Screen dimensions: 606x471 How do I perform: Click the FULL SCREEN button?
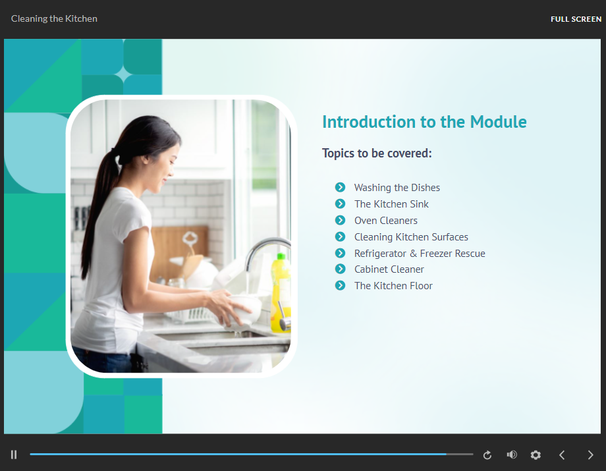point(576,19)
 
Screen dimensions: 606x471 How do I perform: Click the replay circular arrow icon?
point(487,455)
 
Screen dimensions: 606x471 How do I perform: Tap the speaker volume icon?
point(512,455)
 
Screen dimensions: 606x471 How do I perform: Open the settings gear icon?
point(536,455)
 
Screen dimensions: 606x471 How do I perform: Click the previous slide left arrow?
point(562,455)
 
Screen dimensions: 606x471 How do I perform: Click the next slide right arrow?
point(590,455)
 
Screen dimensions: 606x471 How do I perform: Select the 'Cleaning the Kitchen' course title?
point(54,18)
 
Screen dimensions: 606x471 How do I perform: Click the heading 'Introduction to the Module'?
point(424,122)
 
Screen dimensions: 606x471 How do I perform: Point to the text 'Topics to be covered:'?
point(377,153)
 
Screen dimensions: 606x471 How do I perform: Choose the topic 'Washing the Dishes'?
point(397,187)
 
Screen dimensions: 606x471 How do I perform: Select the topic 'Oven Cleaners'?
point(386,220)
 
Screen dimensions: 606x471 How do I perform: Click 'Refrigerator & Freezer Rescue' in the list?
point(420,253)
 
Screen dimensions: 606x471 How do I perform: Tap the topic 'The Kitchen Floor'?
point(393,285)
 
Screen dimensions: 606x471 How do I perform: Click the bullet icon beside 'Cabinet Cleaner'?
point(340,269)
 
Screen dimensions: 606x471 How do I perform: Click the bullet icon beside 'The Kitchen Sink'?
point(340,204)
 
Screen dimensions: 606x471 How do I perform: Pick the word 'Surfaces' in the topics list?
point(450,237)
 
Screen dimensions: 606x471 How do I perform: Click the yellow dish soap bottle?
point(281,292)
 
